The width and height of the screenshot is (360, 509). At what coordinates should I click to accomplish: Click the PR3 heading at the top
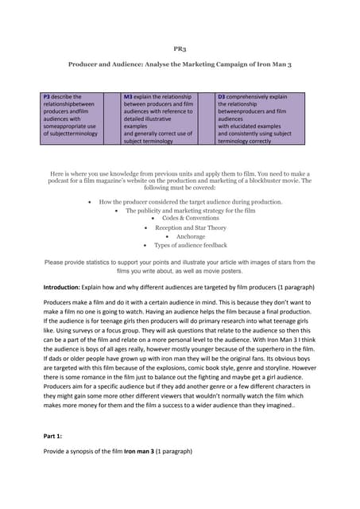[x=180, y=48]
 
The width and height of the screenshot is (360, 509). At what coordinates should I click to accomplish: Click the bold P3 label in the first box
[x=47, y=97]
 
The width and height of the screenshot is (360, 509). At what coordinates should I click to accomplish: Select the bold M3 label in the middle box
[x=129, y=97]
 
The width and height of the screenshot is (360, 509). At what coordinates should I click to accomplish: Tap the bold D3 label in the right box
[x=222, y=97]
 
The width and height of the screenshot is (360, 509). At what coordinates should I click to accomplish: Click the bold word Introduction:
[x=63, y=286]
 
